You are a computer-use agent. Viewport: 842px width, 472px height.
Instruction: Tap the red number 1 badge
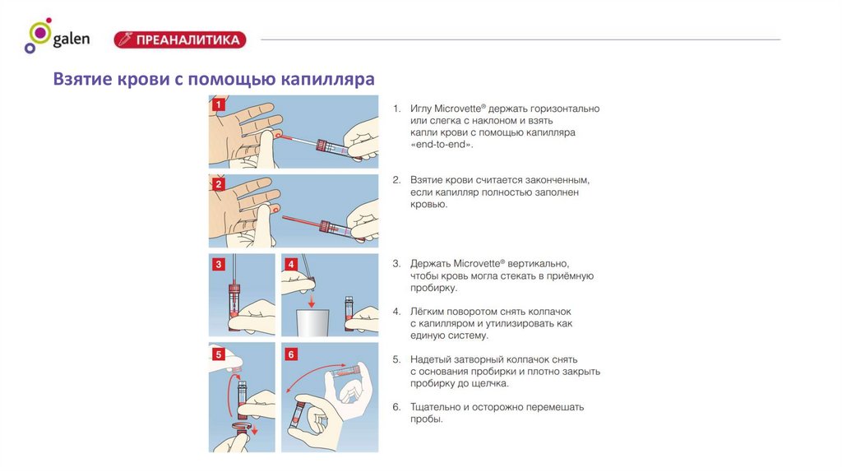(218, 105)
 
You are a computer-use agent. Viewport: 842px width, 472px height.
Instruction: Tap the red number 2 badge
(218, 184)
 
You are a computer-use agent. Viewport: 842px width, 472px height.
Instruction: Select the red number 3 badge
(218, 264)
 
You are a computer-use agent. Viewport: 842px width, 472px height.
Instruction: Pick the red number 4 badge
(291, 264)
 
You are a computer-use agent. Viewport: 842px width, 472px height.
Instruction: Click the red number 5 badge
(218, 354)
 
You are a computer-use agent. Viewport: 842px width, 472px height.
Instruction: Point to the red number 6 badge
(291, 354)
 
